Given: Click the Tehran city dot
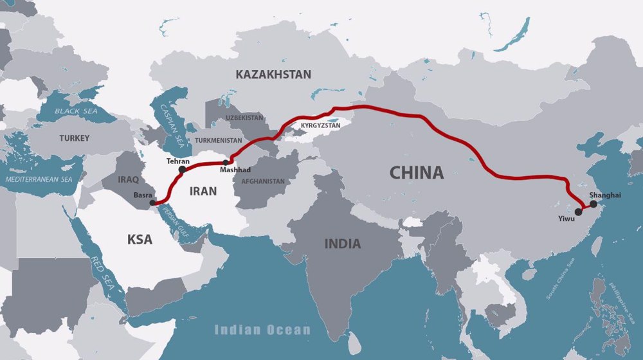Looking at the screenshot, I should click(182, 170).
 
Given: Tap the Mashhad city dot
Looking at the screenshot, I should click(225, 163).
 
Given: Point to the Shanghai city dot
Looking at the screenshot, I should click(593, 204).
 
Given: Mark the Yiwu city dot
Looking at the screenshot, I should click(579, 211).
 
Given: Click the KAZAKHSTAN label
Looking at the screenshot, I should click(273, 75).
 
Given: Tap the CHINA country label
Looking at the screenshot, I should click(417, 172).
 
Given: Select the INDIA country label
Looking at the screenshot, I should click(343, 244).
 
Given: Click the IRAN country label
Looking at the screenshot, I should click(203, 191).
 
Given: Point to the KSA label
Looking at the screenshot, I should click(140, 240).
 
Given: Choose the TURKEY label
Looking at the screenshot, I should click(75, 138).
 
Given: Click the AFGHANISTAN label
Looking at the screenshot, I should click(263, 181).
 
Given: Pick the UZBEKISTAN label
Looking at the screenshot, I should click(244, 118).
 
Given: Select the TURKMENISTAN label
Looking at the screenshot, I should click(218, 140).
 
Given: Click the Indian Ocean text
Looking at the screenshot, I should click(262, 330).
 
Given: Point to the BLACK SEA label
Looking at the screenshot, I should click(75, 111).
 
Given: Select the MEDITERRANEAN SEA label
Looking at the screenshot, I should click(39, 179).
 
